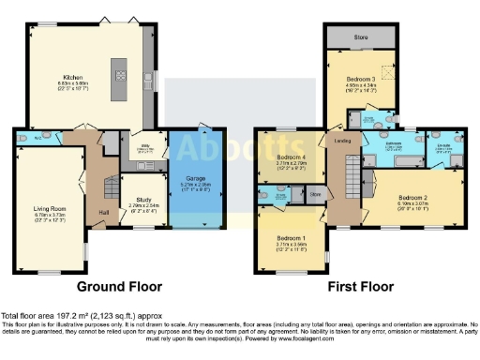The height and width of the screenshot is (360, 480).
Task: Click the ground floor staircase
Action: point(109,187)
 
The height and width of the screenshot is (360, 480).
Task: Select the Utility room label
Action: point(146,146)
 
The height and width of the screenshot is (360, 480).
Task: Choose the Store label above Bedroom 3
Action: point(361,39)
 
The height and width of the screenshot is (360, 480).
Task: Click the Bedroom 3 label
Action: point(360,79)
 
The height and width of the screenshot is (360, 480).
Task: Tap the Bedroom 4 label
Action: point(291,157)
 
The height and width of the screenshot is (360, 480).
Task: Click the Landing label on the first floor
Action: point(341,141)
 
